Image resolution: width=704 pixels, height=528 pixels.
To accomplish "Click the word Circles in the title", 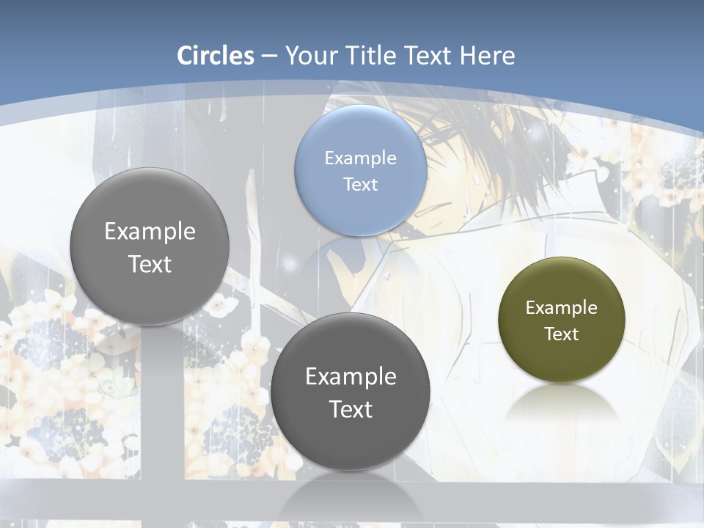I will coord(215,56).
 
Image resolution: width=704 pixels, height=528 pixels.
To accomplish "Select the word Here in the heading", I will coord(488,56).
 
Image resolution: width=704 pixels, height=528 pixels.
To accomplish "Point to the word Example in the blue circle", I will coord(360,158).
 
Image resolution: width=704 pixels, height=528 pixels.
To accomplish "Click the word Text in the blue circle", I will coord(360,184).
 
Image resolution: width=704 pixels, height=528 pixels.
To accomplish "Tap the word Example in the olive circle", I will coord(561,307).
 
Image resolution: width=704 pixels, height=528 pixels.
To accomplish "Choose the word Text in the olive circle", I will coord(561,334).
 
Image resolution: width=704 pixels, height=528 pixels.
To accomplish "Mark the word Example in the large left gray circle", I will coord(150,231).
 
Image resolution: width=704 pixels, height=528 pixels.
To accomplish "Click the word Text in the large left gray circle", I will coord(150,264).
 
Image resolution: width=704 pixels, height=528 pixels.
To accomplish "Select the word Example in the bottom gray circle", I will coord(351,376).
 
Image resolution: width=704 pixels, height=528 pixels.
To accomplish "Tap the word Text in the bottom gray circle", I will coord(351,409).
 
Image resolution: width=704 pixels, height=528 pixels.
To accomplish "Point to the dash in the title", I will coord(269,56).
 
